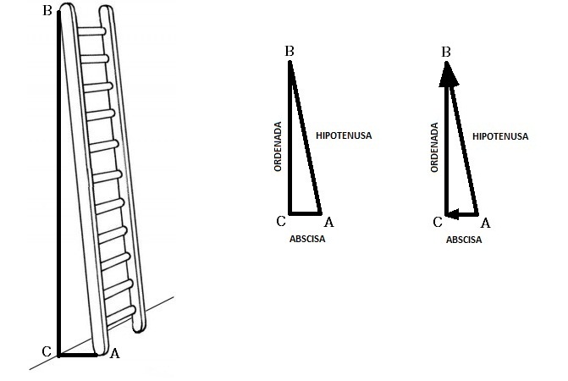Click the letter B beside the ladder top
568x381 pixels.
(47, 10)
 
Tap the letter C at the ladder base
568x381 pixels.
(47, 351)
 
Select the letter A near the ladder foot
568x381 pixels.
(114, 353)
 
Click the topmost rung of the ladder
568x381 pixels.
(91, 31)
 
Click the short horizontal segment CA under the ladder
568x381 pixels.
(78, 356)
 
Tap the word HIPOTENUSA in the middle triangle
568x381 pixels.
(344, 135)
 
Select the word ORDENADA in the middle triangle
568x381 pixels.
(278, 146)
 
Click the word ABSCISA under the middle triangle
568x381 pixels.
(307, 239)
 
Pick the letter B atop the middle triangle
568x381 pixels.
(289, 52)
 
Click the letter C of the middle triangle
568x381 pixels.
(281, 221)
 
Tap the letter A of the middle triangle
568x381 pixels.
(329, 222)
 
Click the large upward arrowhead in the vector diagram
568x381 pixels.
(449, 75)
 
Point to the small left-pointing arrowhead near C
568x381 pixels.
(454, 214)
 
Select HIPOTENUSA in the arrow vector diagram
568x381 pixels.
(500, 136)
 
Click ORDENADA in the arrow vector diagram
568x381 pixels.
(435, 147)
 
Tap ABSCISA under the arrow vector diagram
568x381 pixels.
(464, 240)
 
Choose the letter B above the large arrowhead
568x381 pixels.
(446, 52)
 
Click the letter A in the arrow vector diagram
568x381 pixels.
(485, 223)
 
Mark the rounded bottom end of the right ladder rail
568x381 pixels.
(139, 327)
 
